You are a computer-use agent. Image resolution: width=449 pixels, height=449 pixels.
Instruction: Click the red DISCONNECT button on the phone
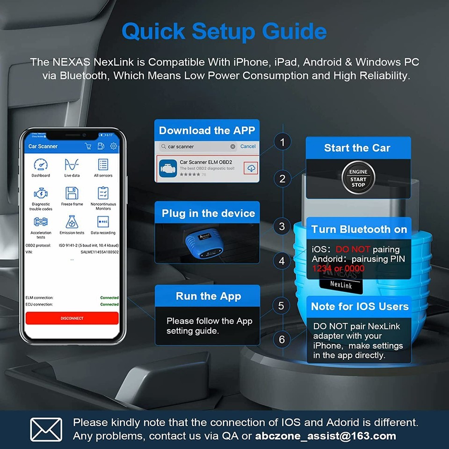pyautogui.click(x=72, y=318)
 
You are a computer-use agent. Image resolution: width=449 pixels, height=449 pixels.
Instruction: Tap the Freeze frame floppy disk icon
pyautogui.click(x=72, y=193)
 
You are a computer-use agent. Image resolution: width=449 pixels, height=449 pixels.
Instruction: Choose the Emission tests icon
pyautogui.click(x=72, y=222)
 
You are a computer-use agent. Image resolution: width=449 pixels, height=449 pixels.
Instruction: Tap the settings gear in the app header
pyautogui.click(x=114, y=146)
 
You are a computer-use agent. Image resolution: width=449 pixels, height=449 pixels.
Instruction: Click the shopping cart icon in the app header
pyautogui.click(x=88, y=146)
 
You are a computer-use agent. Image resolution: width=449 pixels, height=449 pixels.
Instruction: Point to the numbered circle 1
pyautogui.click(x=282, y=142)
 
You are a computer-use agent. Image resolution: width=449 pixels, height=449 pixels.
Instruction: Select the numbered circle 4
pyautogui.click(x=282, y=261)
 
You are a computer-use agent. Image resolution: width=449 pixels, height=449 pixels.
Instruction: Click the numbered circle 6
pyautogui.click(x=282, y=339)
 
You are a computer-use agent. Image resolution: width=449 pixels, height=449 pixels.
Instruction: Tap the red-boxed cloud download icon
pyautogui.click(x=251, y=168)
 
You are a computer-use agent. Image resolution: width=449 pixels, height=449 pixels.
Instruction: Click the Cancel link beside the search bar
pyautogui.click(x=248, y=146)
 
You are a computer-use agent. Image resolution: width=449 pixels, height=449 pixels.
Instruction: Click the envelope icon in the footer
pyautogui.click(x=46, y=429)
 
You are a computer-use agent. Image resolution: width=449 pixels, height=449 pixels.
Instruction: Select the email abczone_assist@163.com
pyautogui.click(x=326, y=436)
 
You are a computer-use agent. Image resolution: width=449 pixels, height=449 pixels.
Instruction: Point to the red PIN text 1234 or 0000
pyautogui.click(x=339, y=268)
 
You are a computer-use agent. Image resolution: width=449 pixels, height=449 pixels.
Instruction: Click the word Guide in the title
pyautogui.click(x=294, y=31)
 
